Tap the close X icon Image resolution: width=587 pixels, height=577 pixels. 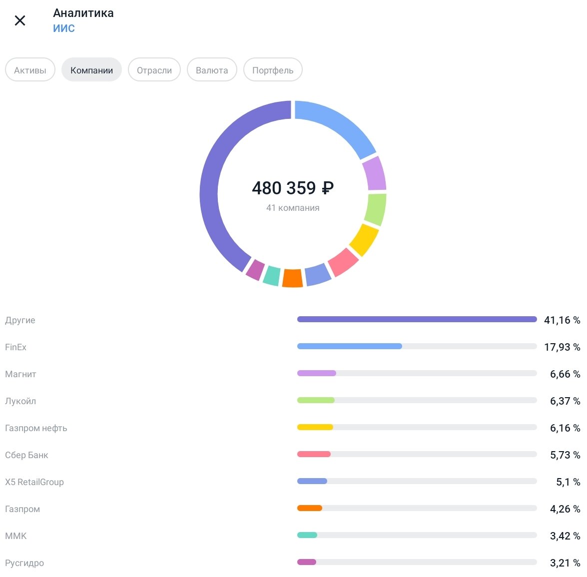[20, 20]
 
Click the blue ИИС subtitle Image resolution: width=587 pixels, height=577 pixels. [64, 28]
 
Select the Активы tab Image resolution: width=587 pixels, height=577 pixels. [30, 70]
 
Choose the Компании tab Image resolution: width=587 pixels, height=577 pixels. [91, 70]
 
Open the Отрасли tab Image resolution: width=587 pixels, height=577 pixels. [154, 70]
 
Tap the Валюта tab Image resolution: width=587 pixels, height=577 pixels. [212, 70]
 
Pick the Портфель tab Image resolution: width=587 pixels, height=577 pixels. [273, 70]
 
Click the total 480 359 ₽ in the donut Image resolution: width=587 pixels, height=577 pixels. [293, 188]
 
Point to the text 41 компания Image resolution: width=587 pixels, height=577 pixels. [293, 208]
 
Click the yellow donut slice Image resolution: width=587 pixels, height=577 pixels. [364, 239]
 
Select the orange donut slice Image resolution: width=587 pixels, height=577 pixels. [293, 278]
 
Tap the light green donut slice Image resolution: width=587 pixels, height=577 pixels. [376, 209]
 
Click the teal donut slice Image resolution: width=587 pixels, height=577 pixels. [272, 275]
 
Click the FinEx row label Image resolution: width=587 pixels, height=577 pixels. [16, 347]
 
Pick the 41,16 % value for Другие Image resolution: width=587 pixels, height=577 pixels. [562, 320]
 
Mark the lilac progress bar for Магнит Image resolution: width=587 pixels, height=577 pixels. [317, 373]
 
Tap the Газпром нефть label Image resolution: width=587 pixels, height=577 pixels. [36, 428]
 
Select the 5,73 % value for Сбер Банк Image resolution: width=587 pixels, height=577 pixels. [565, 455]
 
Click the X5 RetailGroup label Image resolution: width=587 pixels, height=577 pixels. [34, 482]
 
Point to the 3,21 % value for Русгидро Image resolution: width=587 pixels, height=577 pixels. [565, 563]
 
